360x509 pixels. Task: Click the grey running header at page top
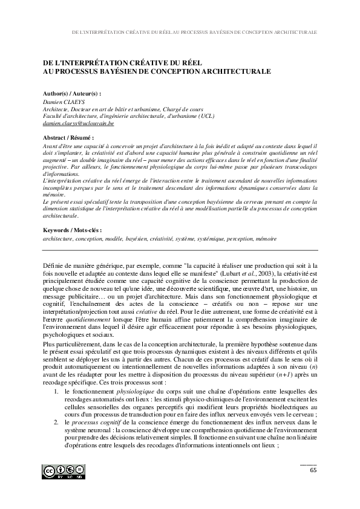point(194,31)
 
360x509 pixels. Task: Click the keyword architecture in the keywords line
point(59,239)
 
